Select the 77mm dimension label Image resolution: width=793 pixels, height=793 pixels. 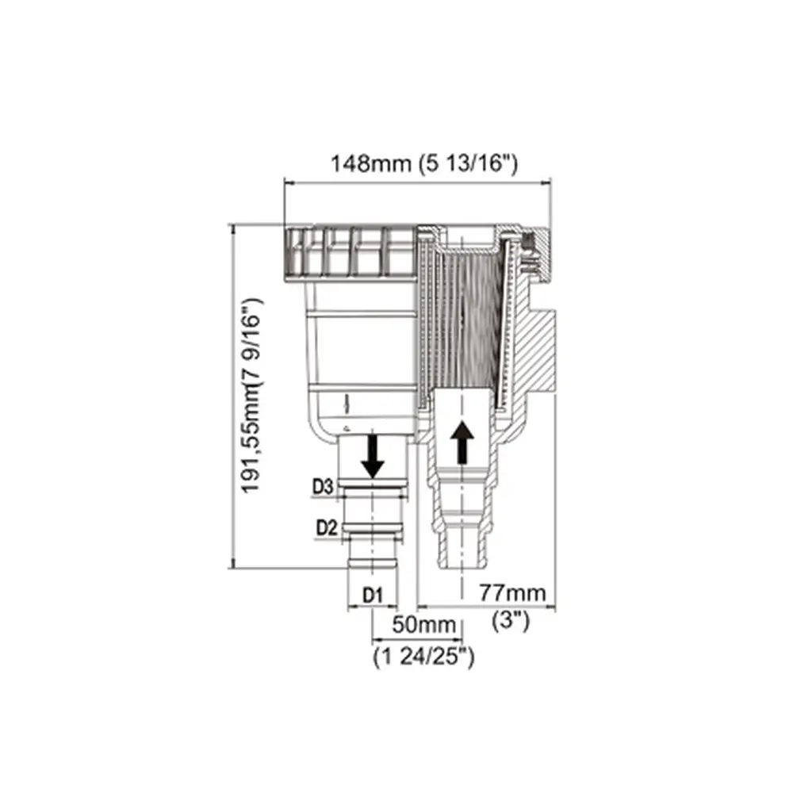coord(512,592)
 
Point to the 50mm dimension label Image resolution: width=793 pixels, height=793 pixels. coord(423,625)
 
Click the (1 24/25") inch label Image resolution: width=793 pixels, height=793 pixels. coord(423,657)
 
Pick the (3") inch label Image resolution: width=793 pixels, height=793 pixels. coord(511,621)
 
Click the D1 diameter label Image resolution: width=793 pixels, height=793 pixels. coord(373,596)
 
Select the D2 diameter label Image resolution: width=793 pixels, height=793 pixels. coord(326,528)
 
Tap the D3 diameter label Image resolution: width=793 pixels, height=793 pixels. coord(323,487)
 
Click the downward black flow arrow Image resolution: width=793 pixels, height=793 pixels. coord(374,456)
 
